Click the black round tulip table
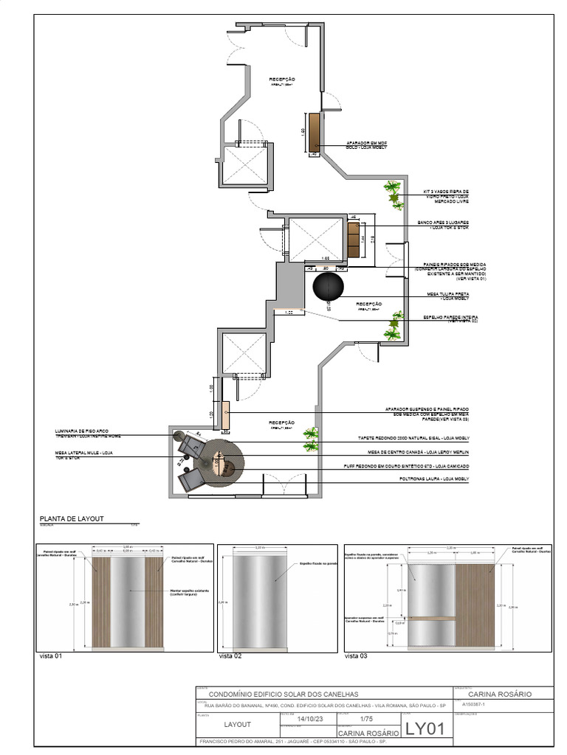coord(328,287)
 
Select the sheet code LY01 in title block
coord(425,729)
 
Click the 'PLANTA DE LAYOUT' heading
coord(72,519)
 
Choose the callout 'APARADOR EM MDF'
coord(366,145)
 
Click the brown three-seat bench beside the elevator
coord(353,240)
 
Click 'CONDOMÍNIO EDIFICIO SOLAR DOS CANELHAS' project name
coord(284,695)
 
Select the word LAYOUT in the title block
coord(237,725)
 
